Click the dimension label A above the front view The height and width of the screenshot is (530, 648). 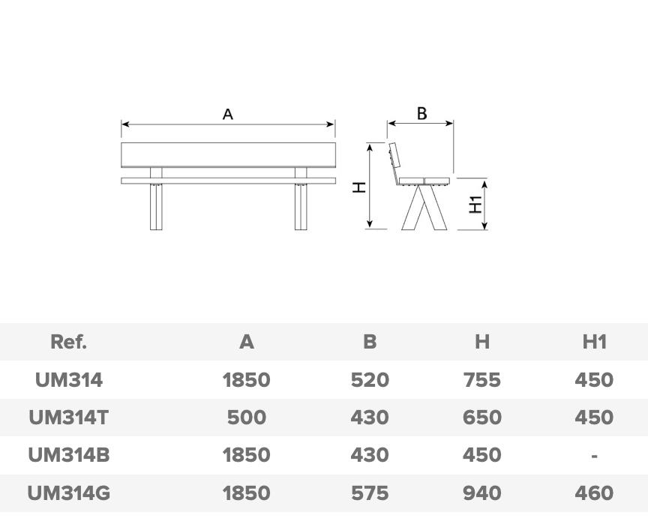(x=228, y=114)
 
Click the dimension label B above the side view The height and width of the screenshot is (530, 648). (x=421, y=113)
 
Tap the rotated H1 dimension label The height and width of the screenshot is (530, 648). (x=475, y=205)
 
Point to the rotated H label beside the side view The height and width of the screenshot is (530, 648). (x=359, y=187)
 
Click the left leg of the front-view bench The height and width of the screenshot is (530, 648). (x=156, y=207)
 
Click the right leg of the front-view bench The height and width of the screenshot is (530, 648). (x=301, y=207)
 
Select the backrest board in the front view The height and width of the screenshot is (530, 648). (x=228, y=155)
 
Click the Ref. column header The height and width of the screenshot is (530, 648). (x=68, y=342)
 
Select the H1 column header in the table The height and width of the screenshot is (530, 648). (x=594, y=342)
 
